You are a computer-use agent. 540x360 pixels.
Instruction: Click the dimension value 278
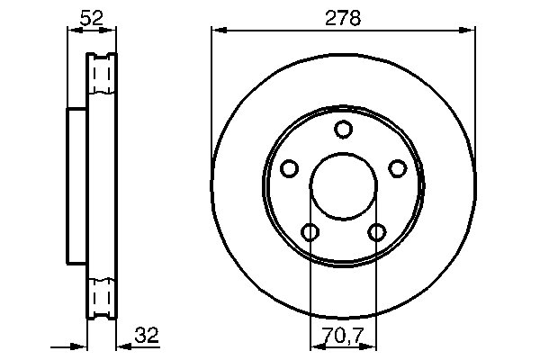tap(342, 17)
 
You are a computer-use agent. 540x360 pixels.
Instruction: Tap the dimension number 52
tap(92, 16)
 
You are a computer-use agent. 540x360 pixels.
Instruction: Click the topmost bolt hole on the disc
tap(342, 130)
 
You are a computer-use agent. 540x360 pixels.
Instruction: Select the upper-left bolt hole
tap(289, 168)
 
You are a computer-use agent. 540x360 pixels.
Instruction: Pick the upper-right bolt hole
tap(396, 168)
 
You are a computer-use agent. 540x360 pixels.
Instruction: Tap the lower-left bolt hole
tap(310, 232)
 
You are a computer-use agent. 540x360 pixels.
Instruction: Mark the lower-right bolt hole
tap(376, 232)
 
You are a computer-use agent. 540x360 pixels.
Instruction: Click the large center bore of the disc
tap(343, 186)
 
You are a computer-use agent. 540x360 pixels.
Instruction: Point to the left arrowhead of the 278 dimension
tap(217, 31)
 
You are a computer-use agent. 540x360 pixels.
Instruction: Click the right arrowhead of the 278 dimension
tap(468, 31)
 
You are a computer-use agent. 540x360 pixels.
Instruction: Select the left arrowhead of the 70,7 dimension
tap(315, 346)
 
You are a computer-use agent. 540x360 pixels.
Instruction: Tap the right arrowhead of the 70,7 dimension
tap(371, 346)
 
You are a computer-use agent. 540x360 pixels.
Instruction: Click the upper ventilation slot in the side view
tap(103, 73)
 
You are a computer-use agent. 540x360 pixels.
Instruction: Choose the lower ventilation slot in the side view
tap(103, 296)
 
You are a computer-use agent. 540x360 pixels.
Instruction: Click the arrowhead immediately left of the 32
tap(124, 346)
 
